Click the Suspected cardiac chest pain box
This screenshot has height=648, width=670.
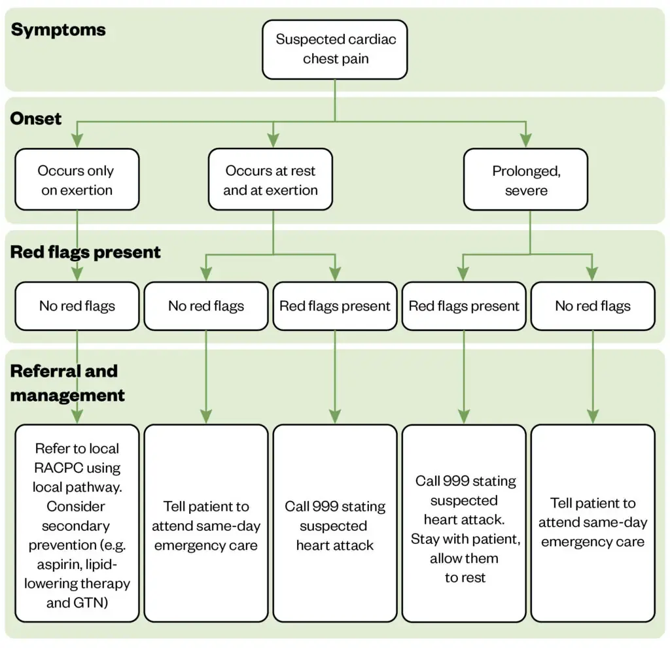[335, 49]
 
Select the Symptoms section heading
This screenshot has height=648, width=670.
[58, 30]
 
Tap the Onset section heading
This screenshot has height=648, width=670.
[36, 118]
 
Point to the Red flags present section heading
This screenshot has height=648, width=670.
[86, 252]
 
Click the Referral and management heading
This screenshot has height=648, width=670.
[67, 383]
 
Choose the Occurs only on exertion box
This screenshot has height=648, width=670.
[77, 180]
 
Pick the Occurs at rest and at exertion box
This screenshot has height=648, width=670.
[270, 180]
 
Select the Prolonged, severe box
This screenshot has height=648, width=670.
[525, 180]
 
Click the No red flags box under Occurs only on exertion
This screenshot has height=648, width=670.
[77, 306]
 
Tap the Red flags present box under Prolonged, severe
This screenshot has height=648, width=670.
[464, 306]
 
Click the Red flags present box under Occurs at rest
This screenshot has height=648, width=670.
[335, 306]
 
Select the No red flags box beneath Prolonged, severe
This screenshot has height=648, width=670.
[592, 306]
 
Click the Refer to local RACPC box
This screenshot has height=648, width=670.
[77, 523]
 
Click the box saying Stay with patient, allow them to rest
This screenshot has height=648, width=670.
[464, 523]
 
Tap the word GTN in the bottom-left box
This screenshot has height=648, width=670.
[93, 603]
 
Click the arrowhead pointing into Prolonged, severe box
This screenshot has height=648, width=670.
[525, 140]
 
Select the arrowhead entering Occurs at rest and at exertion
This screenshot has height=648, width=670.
[273, 140]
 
